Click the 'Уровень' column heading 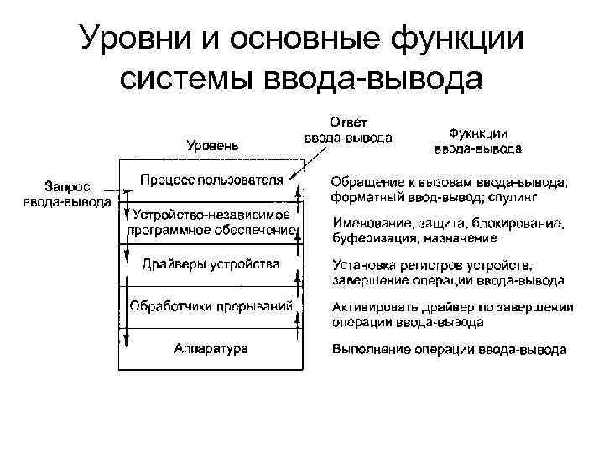point(211,145)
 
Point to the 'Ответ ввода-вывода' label point(347,131)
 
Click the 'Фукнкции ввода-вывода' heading point(477,141)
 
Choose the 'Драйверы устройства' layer point(211,264)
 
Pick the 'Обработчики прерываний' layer point(211,306)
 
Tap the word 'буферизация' point(371,239)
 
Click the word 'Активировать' point(371,307)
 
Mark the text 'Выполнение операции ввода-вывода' point(449,349)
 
